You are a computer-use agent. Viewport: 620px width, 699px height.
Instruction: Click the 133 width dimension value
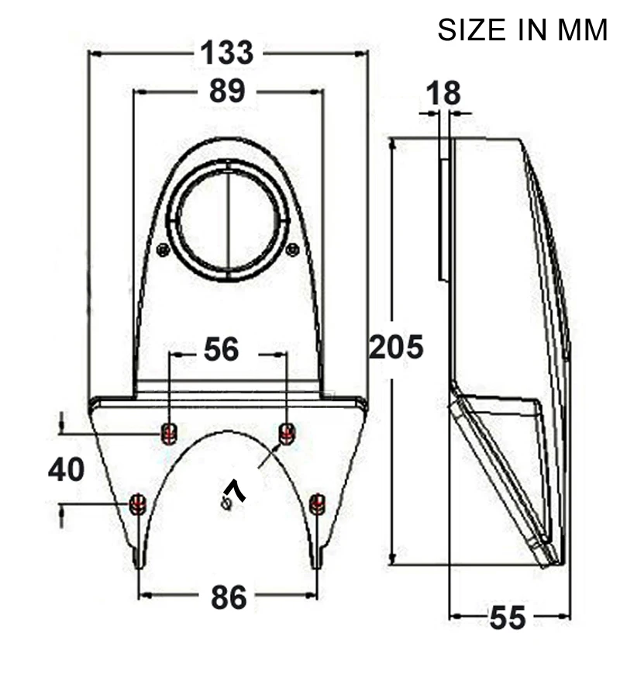click(226, 53)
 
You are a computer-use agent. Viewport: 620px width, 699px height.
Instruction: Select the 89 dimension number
click(226, 92)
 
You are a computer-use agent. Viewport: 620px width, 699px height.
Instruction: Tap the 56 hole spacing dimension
click(221, 350)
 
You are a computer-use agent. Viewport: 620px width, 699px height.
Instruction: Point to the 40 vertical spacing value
click(66, 469)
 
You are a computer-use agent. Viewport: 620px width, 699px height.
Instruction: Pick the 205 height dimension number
click(396, 347)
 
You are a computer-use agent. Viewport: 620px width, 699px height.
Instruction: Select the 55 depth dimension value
click(508, 618)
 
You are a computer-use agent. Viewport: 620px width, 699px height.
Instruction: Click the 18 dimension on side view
click(443, 93)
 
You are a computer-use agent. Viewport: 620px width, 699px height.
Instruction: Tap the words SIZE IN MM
click(522, 30)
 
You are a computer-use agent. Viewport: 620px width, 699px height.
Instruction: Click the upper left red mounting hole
click(168, 433)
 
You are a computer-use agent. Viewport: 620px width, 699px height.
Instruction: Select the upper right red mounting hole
click(287, 433)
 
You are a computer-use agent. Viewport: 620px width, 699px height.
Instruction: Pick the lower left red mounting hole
click(138, 504)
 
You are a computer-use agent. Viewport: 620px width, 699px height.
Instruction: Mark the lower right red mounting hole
click(317, 504)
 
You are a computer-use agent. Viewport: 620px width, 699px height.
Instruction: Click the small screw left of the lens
click(163, 250)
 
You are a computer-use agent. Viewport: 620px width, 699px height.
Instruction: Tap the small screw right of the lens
click(292, 249)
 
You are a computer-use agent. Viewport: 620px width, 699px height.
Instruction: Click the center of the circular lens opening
click(228, 220)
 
